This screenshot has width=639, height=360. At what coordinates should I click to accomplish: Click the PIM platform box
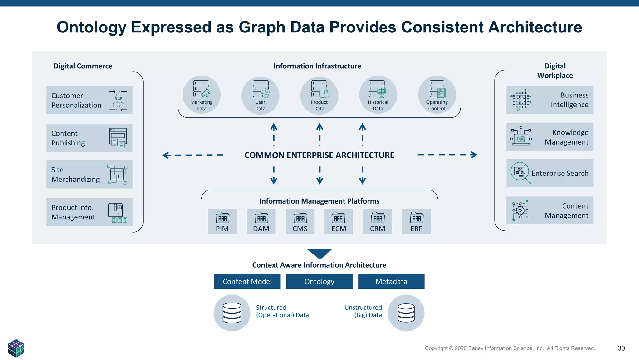coord(222,222)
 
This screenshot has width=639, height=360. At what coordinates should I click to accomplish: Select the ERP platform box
coord(417,222)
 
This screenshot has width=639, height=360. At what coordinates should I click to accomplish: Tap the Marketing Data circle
coord(202,95)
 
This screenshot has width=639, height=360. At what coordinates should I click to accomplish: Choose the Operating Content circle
coord(437,95)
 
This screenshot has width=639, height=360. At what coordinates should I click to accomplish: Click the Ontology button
coord(319,281)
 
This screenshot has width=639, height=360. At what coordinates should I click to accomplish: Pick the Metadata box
coord(391,281)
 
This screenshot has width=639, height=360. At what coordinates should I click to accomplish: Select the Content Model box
coord(247,281)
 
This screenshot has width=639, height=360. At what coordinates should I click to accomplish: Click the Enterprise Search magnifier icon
coord(520,172)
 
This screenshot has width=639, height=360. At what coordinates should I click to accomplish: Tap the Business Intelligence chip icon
coord(521,100)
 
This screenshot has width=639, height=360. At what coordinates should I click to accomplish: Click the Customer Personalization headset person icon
coord(118,101)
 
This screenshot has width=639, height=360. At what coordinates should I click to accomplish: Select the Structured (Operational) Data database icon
coord(232,313)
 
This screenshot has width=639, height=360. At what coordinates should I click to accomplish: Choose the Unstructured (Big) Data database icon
coord(406,313)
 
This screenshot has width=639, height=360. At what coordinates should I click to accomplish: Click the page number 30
coord(621,348)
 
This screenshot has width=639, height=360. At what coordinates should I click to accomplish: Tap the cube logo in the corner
coord(16,348)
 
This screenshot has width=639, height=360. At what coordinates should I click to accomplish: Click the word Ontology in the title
coord(91,27)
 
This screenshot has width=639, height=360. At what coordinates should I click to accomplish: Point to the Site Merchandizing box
coord(89,175)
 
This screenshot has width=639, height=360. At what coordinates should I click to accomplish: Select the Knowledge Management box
coord(550,137)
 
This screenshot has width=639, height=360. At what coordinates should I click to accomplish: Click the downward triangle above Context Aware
coord(319,253)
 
